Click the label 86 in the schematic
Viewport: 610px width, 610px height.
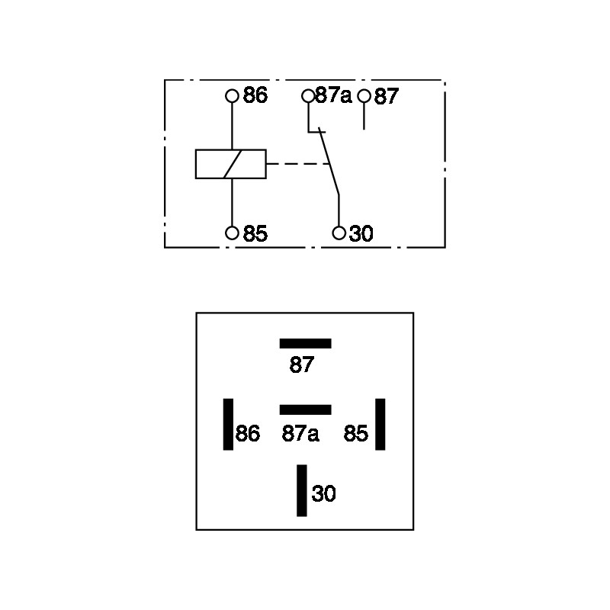255,95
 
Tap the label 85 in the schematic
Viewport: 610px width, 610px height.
255,234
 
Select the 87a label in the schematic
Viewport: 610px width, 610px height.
333,95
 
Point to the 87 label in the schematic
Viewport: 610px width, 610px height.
387,97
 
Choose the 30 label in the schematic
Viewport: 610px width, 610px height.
361,234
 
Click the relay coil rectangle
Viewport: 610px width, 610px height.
231,149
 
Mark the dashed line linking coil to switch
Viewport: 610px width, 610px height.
298,164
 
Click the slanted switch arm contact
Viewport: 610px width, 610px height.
329,161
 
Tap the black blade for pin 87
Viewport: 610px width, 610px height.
306,344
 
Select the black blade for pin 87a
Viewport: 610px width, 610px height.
306,409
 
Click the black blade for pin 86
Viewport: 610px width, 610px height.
228,424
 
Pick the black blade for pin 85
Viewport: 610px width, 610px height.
380,424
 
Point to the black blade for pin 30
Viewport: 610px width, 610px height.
301,490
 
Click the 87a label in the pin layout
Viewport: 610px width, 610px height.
300,433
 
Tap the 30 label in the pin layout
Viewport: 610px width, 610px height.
323,493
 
